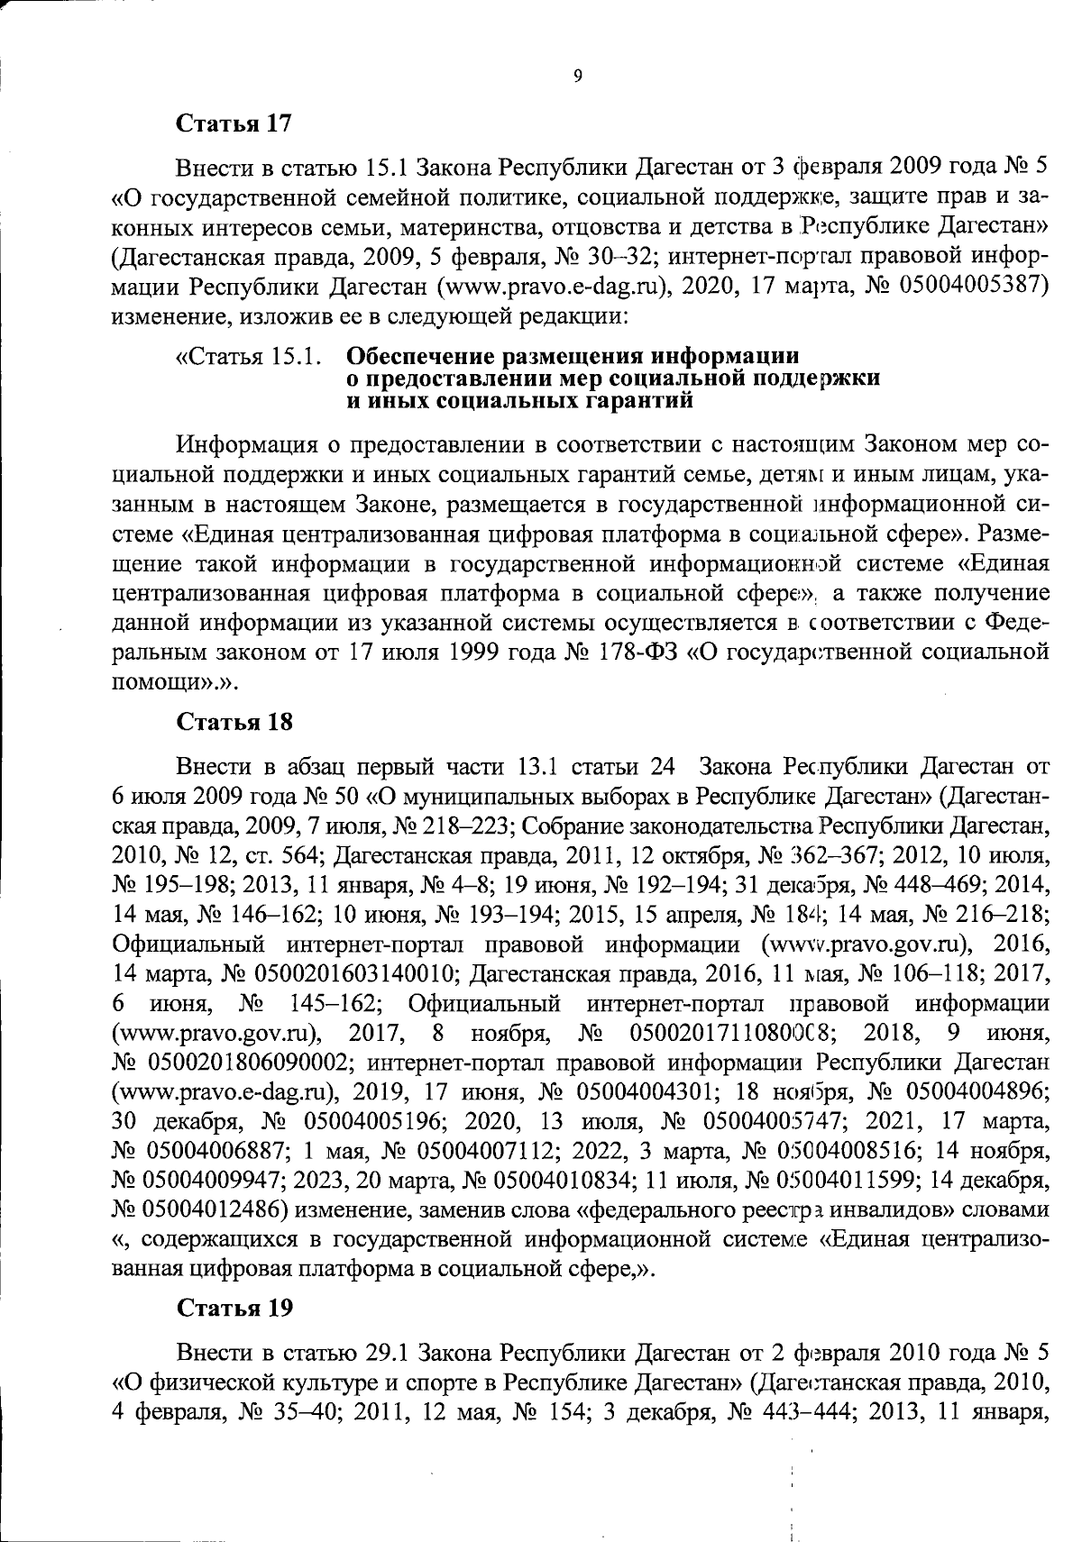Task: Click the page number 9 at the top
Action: [x=577, y=78]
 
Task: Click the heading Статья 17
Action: [x=234, y=123]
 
